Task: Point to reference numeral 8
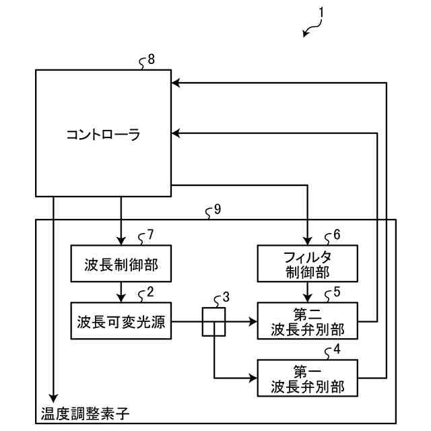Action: tap(151, 59)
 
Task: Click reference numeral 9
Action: tap(217, 209)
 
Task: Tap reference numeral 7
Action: tap(151, 236)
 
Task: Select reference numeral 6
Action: tap(337, 236)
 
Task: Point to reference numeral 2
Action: tap(151, 292)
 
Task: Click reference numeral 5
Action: tap(337, 292)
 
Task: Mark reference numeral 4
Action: tap(337, 350)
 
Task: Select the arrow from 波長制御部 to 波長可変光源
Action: tap(121, 292)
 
